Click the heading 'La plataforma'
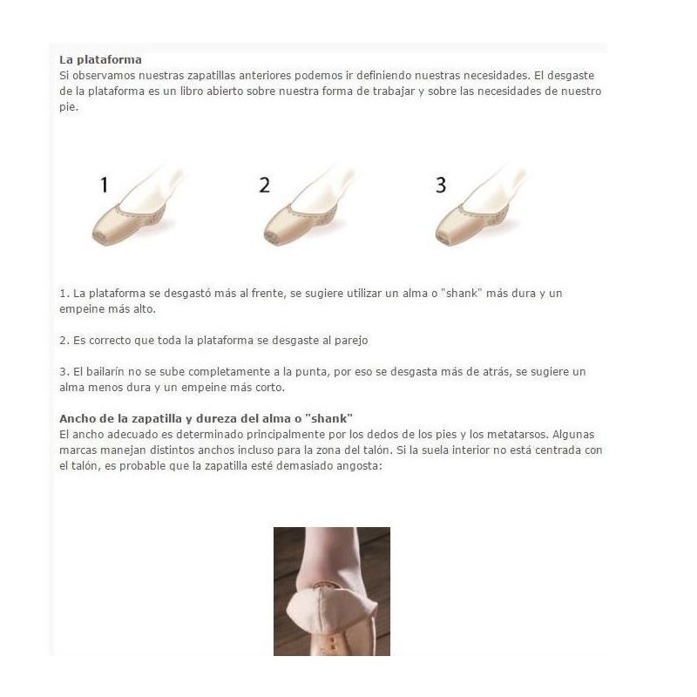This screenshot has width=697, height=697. coord(100,59)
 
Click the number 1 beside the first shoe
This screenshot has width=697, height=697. coord(105,185)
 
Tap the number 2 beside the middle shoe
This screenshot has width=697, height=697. coord(265,185)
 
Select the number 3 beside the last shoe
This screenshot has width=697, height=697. coord(441,185)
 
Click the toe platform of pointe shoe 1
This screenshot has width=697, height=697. coord(99,237)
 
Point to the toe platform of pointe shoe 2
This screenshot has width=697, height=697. coord(271,237)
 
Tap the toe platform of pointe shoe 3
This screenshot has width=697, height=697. coord(443,238)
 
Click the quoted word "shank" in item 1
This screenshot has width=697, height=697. coord(462,294)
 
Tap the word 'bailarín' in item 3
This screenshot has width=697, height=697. coord(106,372)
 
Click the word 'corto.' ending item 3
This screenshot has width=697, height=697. coord(270,388)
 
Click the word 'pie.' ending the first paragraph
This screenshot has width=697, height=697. coord(69,107)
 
